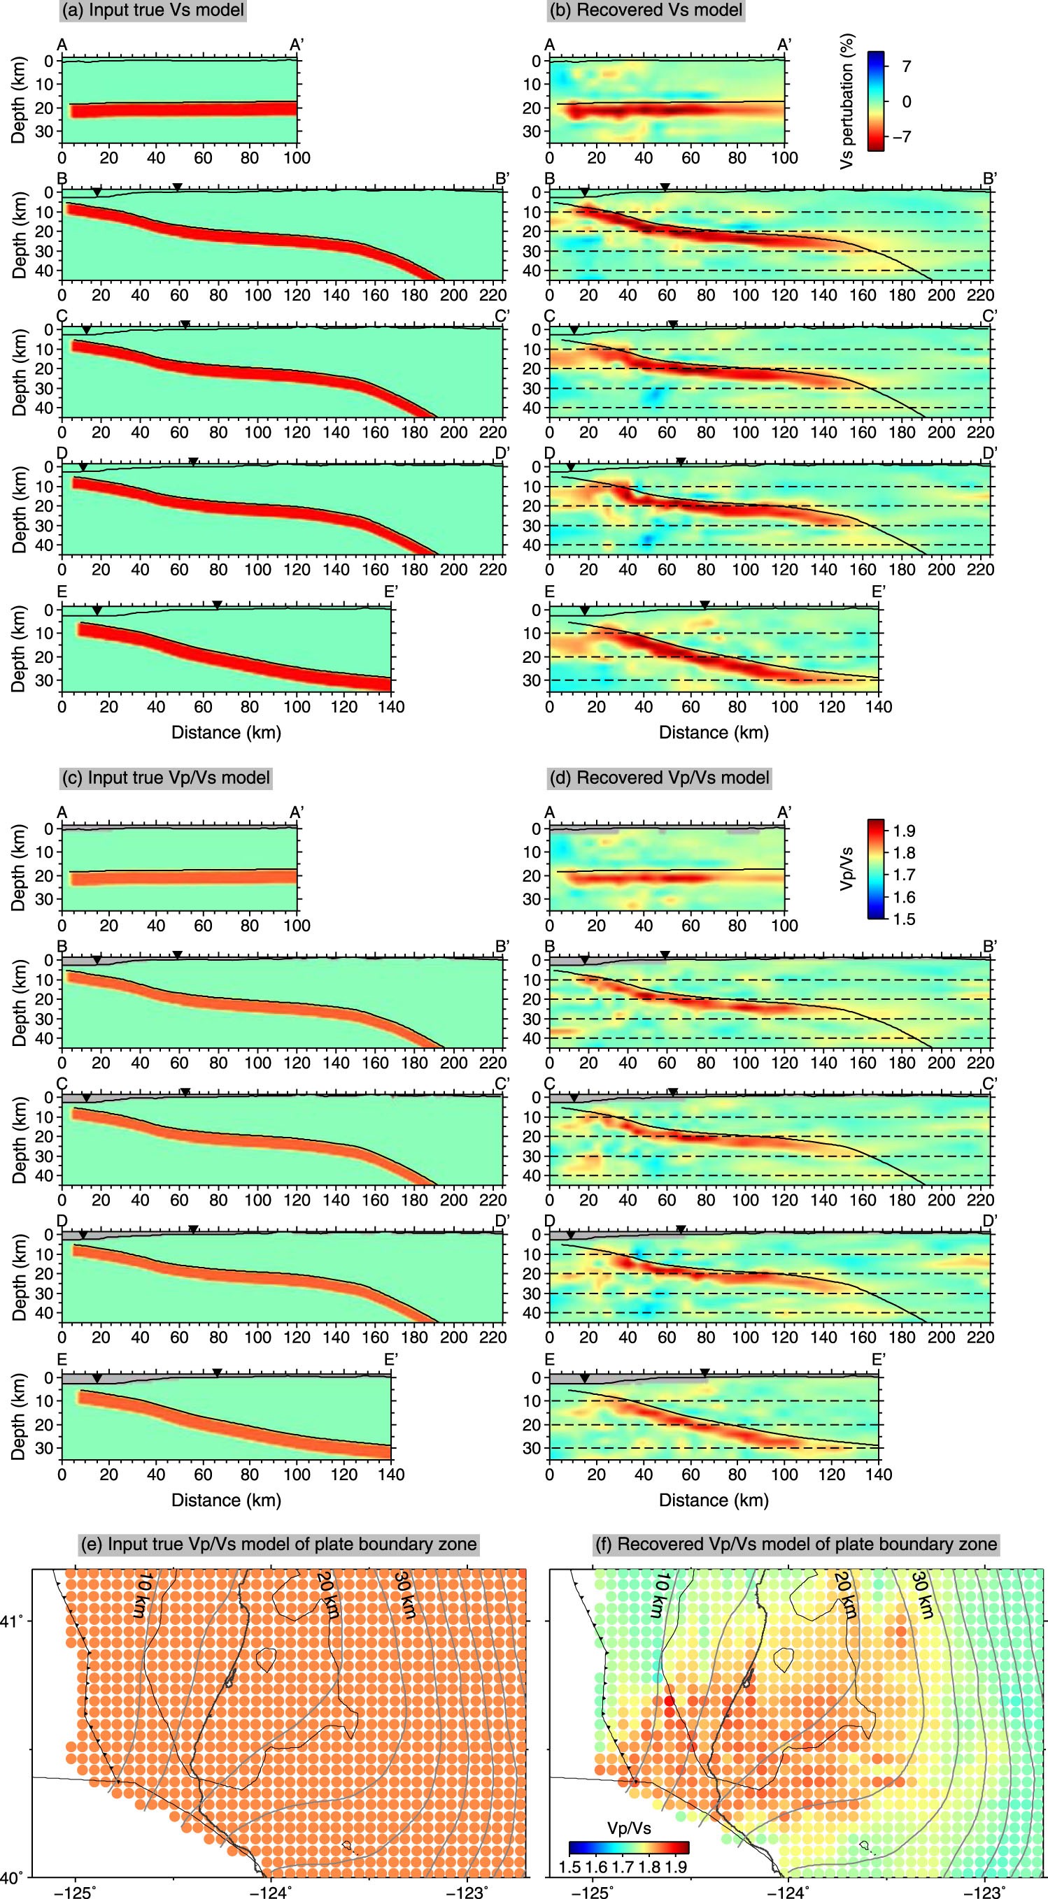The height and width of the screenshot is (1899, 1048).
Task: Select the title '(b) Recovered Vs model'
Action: (x=645, y=10)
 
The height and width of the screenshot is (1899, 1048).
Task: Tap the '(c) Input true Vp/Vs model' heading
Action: (x=167, y=777)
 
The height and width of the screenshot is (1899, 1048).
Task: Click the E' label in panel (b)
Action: (x=879, y=592)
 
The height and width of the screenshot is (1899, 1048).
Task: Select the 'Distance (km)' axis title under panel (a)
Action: (x=227, y=733)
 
